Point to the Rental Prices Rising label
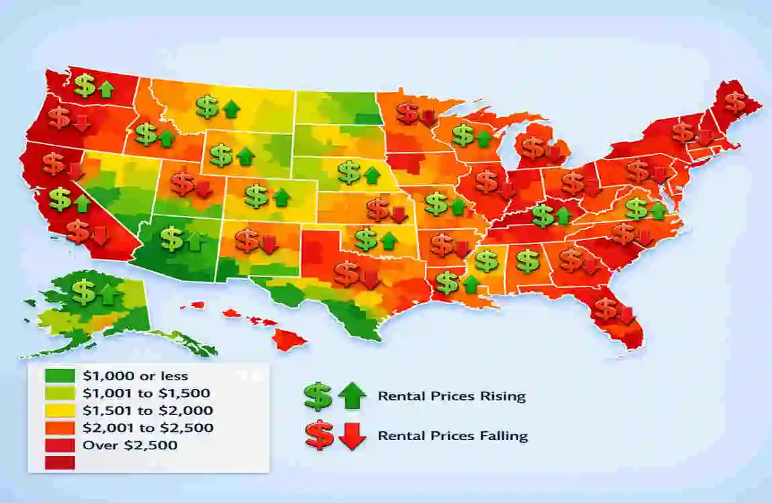click(x=451, y=396)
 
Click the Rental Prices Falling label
click(x=452, y=436)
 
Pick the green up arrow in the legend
click(x=352, y=397)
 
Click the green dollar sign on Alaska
click(x=84, y=292)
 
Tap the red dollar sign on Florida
click(x=606, y=309)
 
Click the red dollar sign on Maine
click(x=736, y=102)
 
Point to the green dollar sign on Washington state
click(x=85, y=86)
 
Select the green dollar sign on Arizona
click(x=173, y=239)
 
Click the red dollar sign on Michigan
click(x=534, y=148)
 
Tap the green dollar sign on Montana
click(x=207, y=105)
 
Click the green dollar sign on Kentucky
click(x=542, y=215)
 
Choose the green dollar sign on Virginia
click(x=636, y=209)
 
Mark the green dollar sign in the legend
click(x=318, y=397)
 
